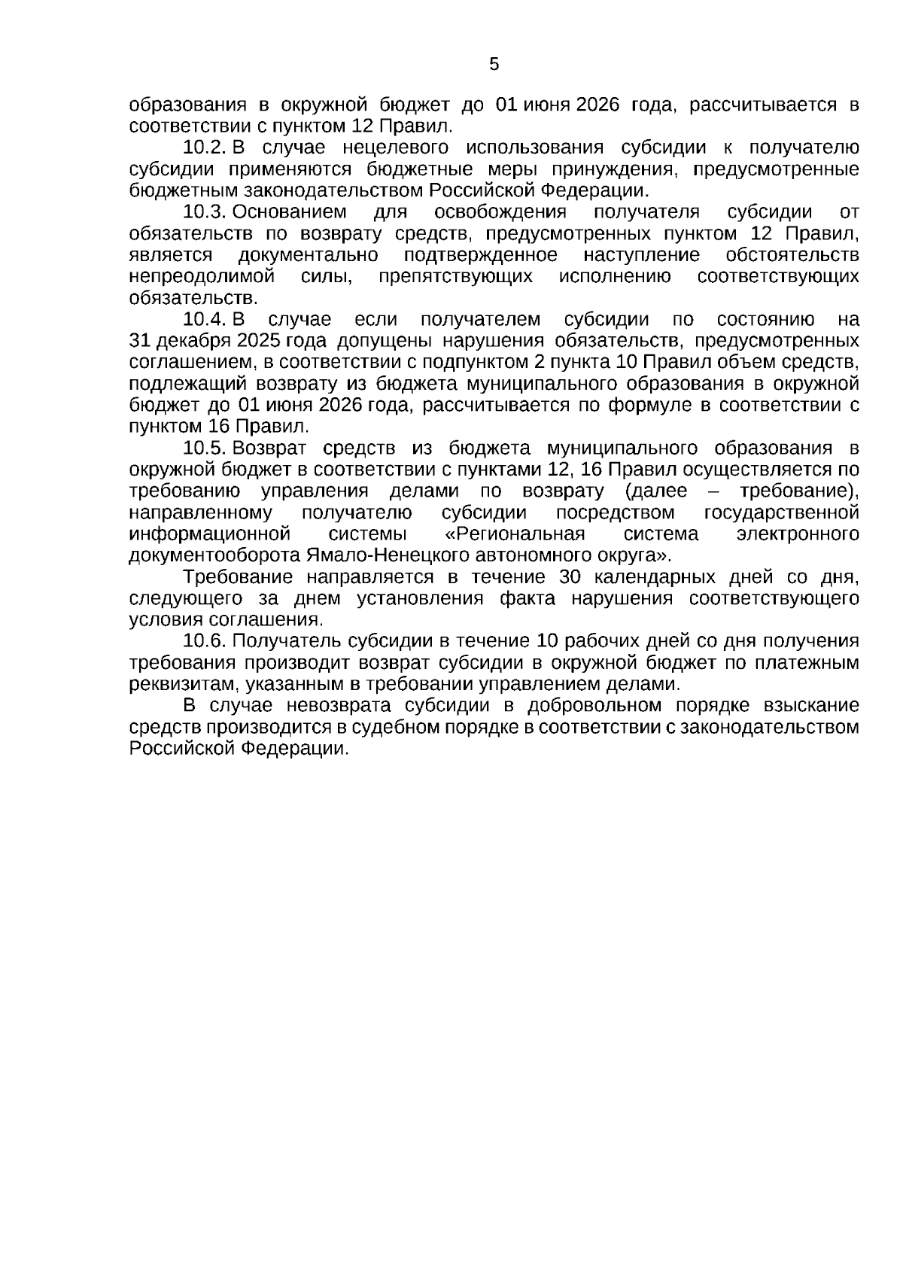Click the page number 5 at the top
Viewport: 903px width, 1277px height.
point(494,65)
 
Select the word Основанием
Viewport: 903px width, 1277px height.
point(290,212)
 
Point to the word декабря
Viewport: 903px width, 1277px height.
point(191,342)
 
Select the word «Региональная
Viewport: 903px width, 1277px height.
point(515,535)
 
